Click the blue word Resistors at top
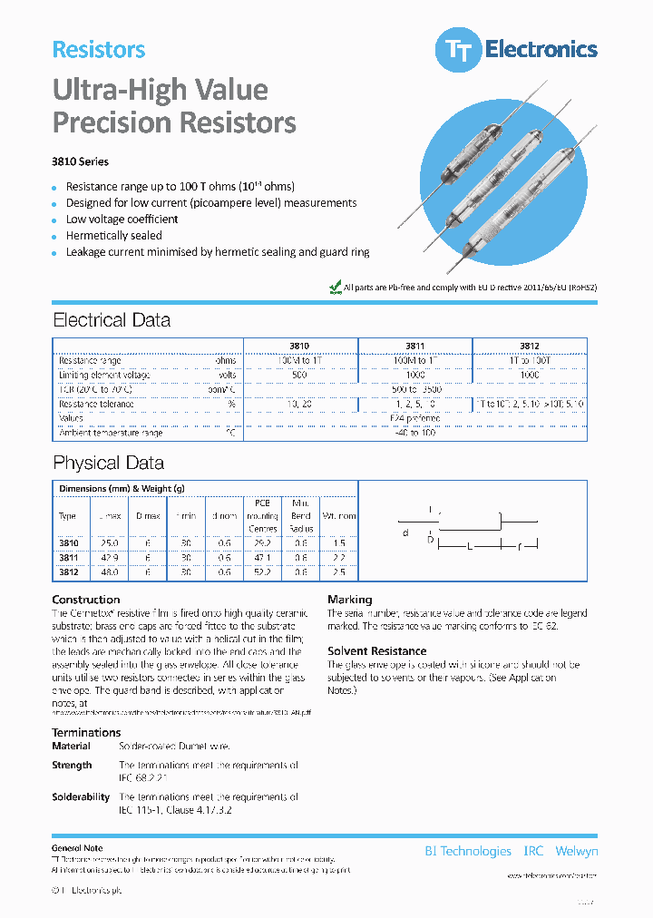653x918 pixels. click(99, 50)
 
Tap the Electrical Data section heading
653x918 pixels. click(112, 320)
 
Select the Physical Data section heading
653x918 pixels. click(108, 463)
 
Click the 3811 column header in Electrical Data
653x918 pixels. click(415, 346)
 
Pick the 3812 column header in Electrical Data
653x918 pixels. click(529, 346)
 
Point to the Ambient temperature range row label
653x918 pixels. click(111, 433)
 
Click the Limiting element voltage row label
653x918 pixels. click(104, 375)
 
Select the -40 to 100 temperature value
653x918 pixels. click(416, 433)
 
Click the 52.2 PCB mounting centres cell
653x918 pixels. click(262, 573)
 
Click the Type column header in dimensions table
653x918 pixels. click(68, 515)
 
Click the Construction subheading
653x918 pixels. click(86, 600)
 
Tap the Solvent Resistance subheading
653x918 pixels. click(376, 651)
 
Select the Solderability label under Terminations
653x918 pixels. click(81, 796)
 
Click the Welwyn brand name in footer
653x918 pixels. click(575, 851)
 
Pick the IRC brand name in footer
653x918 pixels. click(533, 851)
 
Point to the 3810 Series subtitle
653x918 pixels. click(81, 161)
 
